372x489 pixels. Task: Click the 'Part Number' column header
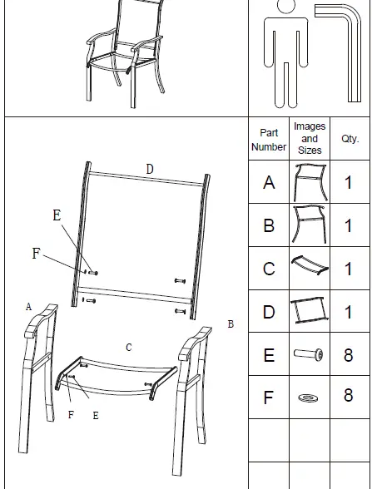pyautogui.click(x=269, y=140)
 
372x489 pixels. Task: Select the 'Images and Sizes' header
pyautogui.click(x=310, y=139)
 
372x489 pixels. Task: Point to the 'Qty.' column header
pyautogui.click(x=350, y=139)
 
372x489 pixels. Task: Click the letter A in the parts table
pyautogui.click(x=269, y=183)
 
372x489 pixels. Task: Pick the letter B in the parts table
pyautogui.click(x=269, y=225)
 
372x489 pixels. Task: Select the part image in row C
pyautogui.click(x=309, y=268)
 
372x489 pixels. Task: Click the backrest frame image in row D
pyautogui.click(x=309, y=312)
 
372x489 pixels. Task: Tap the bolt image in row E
pyautogui.click(x=309, y=355)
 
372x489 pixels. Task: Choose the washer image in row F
pyautogui.click(x=309, y=398)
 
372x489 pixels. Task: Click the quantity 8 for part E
pyautogui.click(x=349, y=355)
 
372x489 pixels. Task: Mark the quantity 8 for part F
pyautogui.click(x=349, y=397)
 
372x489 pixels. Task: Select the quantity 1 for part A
pyautogui.click(x=349, y=183)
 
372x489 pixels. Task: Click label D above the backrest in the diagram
pyautogui.click(x=150, y=169)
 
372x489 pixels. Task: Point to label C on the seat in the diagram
pyautogui.click(x=128, y=348)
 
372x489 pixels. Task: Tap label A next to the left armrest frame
pyautogui.click(x=28, y=307)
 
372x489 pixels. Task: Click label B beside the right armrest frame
pyautogui.click(x=231, y=324)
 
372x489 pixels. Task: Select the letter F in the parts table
pyautogui.click(x=269, y=398)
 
